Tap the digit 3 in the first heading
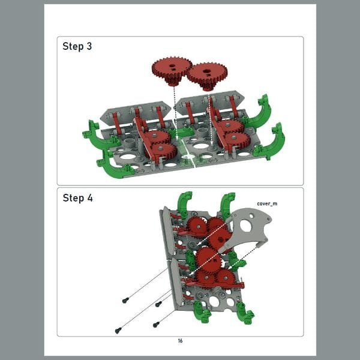(89, 46)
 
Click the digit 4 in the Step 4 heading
(90, 198)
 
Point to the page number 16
(180, 341)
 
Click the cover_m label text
(267, 203)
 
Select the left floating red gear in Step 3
(172, 70)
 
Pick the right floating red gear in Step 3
(207, 76)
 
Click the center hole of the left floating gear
(172, 66)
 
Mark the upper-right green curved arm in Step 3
(258, 113)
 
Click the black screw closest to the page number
(156, 325)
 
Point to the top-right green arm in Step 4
(227, 205)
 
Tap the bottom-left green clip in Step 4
(202, 312)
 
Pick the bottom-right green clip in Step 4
(245, 313)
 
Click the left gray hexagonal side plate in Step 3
(136, 113)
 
